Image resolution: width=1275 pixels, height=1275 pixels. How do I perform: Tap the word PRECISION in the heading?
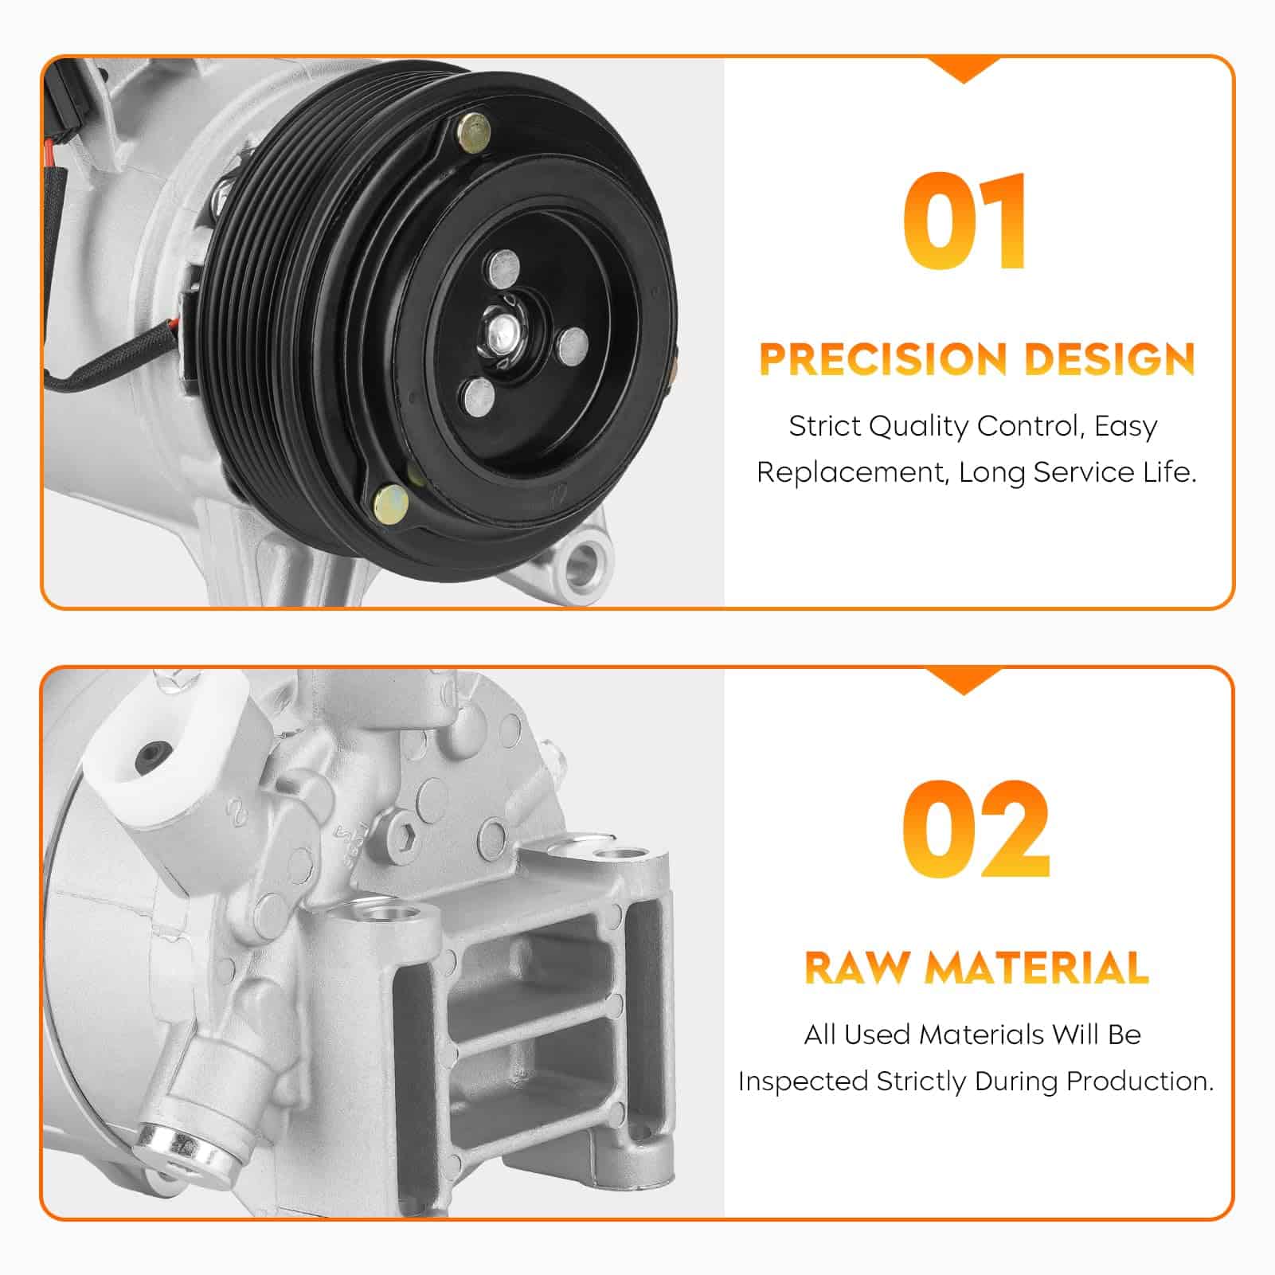[x=884, y=359]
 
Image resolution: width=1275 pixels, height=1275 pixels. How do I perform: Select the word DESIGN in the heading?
[x=1109, y=359]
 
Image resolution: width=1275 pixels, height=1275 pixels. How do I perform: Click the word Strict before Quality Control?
[x=824, y=426]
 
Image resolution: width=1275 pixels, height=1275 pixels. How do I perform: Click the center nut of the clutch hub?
[x=502, y=327]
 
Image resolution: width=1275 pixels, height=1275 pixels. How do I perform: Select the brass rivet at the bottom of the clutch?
[x=391, y=502]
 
